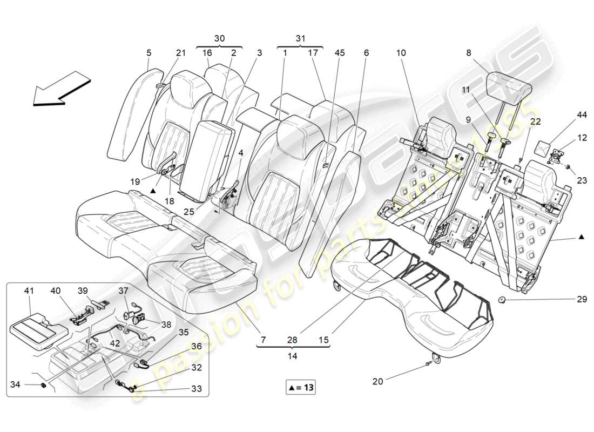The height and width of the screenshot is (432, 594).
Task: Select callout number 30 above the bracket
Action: [219, 38]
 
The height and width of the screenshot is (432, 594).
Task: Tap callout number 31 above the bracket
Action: [300, 38]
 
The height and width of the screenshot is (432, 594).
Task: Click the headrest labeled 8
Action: [509, 83]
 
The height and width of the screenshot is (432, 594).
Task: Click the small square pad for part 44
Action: [541, 145]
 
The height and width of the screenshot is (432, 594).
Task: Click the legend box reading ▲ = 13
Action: [300, 387]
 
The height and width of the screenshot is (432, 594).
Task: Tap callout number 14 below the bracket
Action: [293, 356]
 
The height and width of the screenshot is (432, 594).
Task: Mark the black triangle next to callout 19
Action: [153, 191]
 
